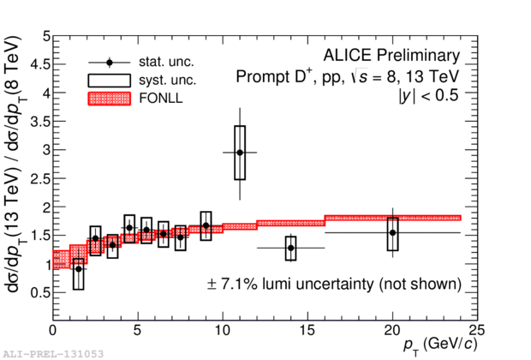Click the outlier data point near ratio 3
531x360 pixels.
point(240,153)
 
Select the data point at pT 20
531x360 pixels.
point(392,232)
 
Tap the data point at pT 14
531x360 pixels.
point(290,248)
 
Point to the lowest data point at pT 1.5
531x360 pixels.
point(79,268)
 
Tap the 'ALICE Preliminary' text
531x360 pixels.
point(391,56)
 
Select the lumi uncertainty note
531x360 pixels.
point(335,283)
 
